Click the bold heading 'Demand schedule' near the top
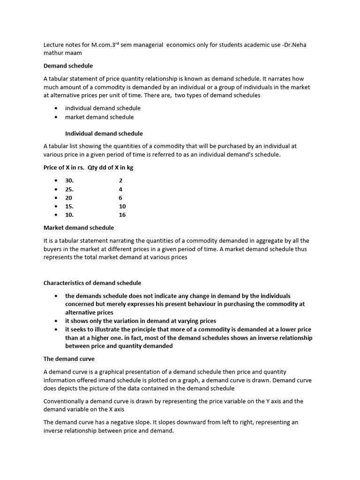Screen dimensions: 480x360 pos(68,66)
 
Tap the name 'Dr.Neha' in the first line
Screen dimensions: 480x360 pos(294,45)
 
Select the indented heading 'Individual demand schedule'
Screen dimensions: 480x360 pos(104,134)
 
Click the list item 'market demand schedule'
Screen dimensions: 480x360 pos(99,117)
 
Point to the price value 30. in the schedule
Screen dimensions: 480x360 pos(69,180)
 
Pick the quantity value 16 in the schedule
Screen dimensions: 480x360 pos(122,215)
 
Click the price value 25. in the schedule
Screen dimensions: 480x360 pos(69,189)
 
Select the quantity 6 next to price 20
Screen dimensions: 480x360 pos(120,198)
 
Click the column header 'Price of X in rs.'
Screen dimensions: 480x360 pos(64,167)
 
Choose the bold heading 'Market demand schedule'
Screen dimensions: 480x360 pos(78,228)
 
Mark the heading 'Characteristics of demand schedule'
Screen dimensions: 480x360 pos(92,283)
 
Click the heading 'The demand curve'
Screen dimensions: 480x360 pos(69,359)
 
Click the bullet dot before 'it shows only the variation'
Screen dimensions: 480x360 pos(56,321)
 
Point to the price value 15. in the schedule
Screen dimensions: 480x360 pos(69,206)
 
